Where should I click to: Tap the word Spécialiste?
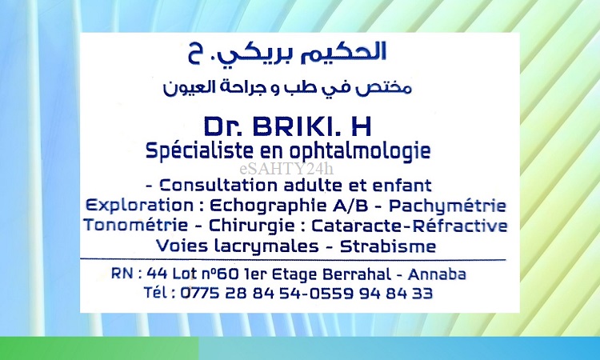click(199, 151)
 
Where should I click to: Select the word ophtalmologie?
click(360, 151)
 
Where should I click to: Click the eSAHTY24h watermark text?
click(286, 169)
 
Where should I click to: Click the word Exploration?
click(140, 206)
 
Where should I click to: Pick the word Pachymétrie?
click(448, 206)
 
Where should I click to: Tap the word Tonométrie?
click(136, 225)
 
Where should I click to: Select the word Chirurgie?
click(251, 226)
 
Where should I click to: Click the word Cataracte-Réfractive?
click(410, 226)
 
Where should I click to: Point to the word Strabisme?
click(388, 246)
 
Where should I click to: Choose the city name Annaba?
click(437, 274)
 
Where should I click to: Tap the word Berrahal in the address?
click(357, 274)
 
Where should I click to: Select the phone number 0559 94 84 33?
click(371, 294)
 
